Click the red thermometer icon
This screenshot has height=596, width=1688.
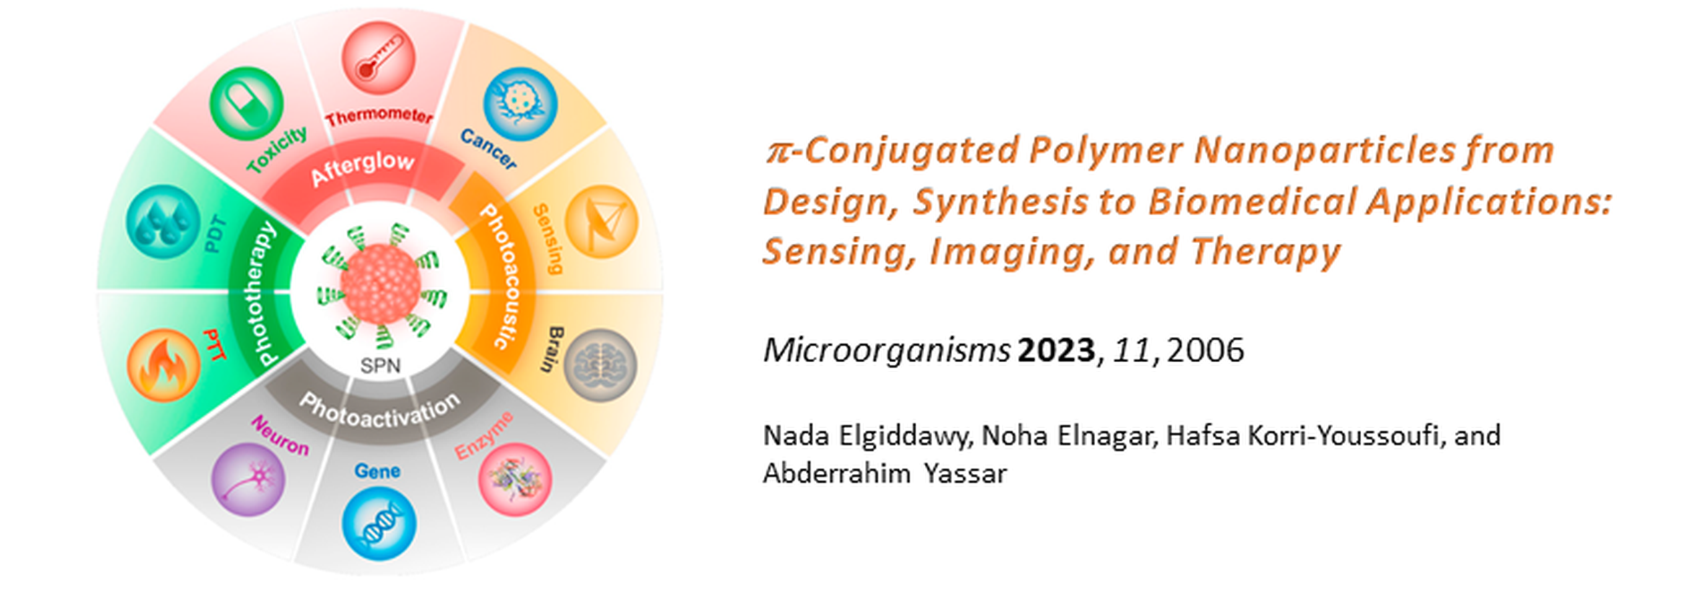coord(378,58)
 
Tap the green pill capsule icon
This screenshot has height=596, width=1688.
coord(247,104)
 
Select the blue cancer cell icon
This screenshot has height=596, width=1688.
coord(520,104)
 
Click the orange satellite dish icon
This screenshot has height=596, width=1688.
coord(602,222)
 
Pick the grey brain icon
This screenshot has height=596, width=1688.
coord(600,365)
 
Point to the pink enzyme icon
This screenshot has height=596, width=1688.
coord(515,479)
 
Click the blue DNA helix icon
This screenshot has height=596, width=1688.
coord(379,523)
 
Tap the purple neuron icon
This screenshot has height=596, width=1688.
coord(248,479)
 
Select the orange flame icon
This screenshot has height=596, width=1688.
coord(164,365)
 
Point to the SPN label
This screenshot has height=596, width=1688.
coord(380,366)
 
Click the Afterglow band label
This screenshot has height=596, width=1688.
coord(363,168)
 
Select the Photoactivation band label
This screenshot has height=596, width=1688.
coord(380,412)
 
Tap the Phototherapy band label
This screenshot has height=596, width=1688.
coord(258,294)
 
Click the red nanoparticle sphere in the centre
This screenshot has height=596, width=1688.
coord(380,284)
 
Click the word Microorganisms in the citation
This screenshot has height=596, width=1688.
coord(887,351)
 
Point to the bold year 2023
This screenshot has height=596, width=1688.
coord(1056,350)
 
